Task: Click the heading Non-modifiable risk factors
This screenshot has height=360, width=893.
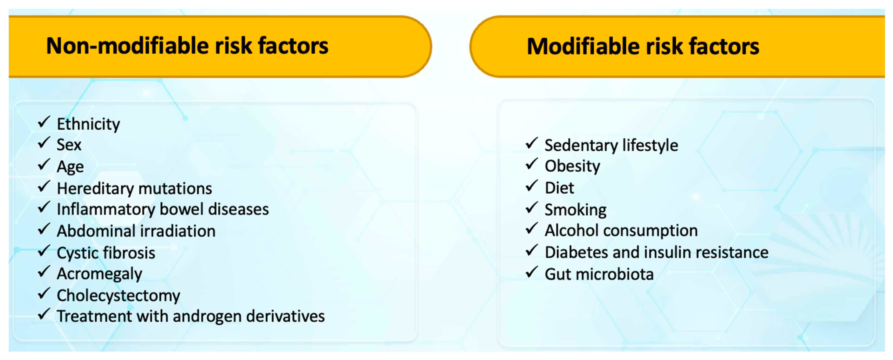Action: pyautogui.click(x=187, y=46)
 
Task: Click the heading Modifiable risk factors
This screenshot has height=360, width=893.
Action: pyautogui.click(x=643, y=46)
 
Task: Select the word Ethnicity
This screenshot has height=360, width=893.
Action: pyautogui.click(x=88, y=124)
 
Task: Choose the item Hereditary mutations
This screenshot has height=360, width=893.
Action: pyautogui.click(x=134, y=189)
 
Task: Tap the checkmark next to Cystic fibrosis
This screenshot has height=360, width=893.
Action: pyautogui.click(x=44, y=250)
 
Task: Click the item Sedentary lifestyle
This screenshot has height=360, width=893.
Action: pyautogui.click(x=611, y=145)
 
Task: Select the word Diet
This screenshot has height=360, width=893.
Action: pyautogui.click(x=559, y=188)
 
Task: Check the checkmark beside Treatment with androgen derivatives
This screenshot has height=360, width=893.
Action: pyautogui.click(x=44, y=314)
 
